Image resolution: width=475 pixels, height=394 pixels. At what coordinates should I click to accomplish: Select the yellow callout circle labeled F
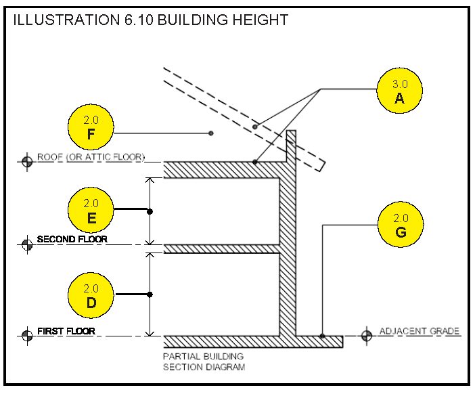91,127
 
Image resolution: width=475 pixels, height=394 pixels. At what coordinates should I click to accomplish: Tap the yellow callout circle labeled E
91,210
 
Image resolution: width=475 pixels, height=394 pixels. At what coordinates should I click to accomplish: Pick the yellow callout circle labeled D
91,294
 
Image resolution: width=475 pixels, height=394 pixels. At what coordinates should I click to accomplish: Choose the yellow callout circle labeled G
401,225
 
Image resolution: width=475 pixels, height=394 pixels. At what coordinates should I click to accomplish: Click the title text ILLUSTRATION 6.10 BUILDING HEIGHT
150,20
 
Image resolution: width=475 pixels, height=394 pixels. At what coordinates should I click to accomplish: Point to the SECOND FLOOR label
72,240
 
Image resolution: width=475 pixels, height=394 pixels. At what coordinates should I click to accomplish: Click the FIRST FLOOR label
66,332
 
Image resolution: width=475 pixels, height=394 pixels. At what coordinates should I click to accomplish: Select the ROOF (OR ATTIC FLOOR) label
91,157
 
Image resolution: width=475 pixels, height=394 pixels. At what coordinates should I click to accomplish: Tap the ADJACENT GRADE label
420,332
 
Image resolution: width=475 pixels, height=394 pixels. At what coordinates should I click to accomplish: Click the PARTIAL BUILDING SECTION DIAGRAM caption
204,362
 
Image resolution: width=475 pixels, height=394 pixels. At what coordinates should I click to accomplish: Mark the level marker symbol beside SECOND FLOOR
27,244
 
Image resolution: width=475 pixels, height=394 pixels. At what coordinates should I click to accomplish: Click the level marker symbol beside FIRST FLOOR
27,335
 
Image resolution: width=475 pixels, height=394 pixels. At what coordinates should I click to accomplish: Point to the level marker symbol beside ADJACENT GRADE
367,335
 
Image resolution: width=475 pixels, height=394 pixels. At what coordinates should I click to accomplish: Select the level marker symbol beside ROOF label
27,161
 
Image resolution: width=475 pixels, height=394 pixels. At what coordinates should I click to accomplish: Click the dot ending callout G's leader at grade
322,336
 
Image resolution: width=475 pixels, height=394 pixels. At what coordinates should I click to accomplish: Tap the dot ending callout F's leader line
211,133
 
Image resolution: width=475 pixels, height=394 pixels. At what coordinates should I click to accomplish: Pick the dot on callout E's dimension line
150,212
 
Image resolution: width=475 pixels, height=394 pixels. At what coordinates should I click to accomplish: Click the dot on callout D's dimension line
150,294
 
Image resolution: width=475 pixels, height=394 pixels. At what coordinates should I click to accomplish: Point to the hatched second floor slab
223,248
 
